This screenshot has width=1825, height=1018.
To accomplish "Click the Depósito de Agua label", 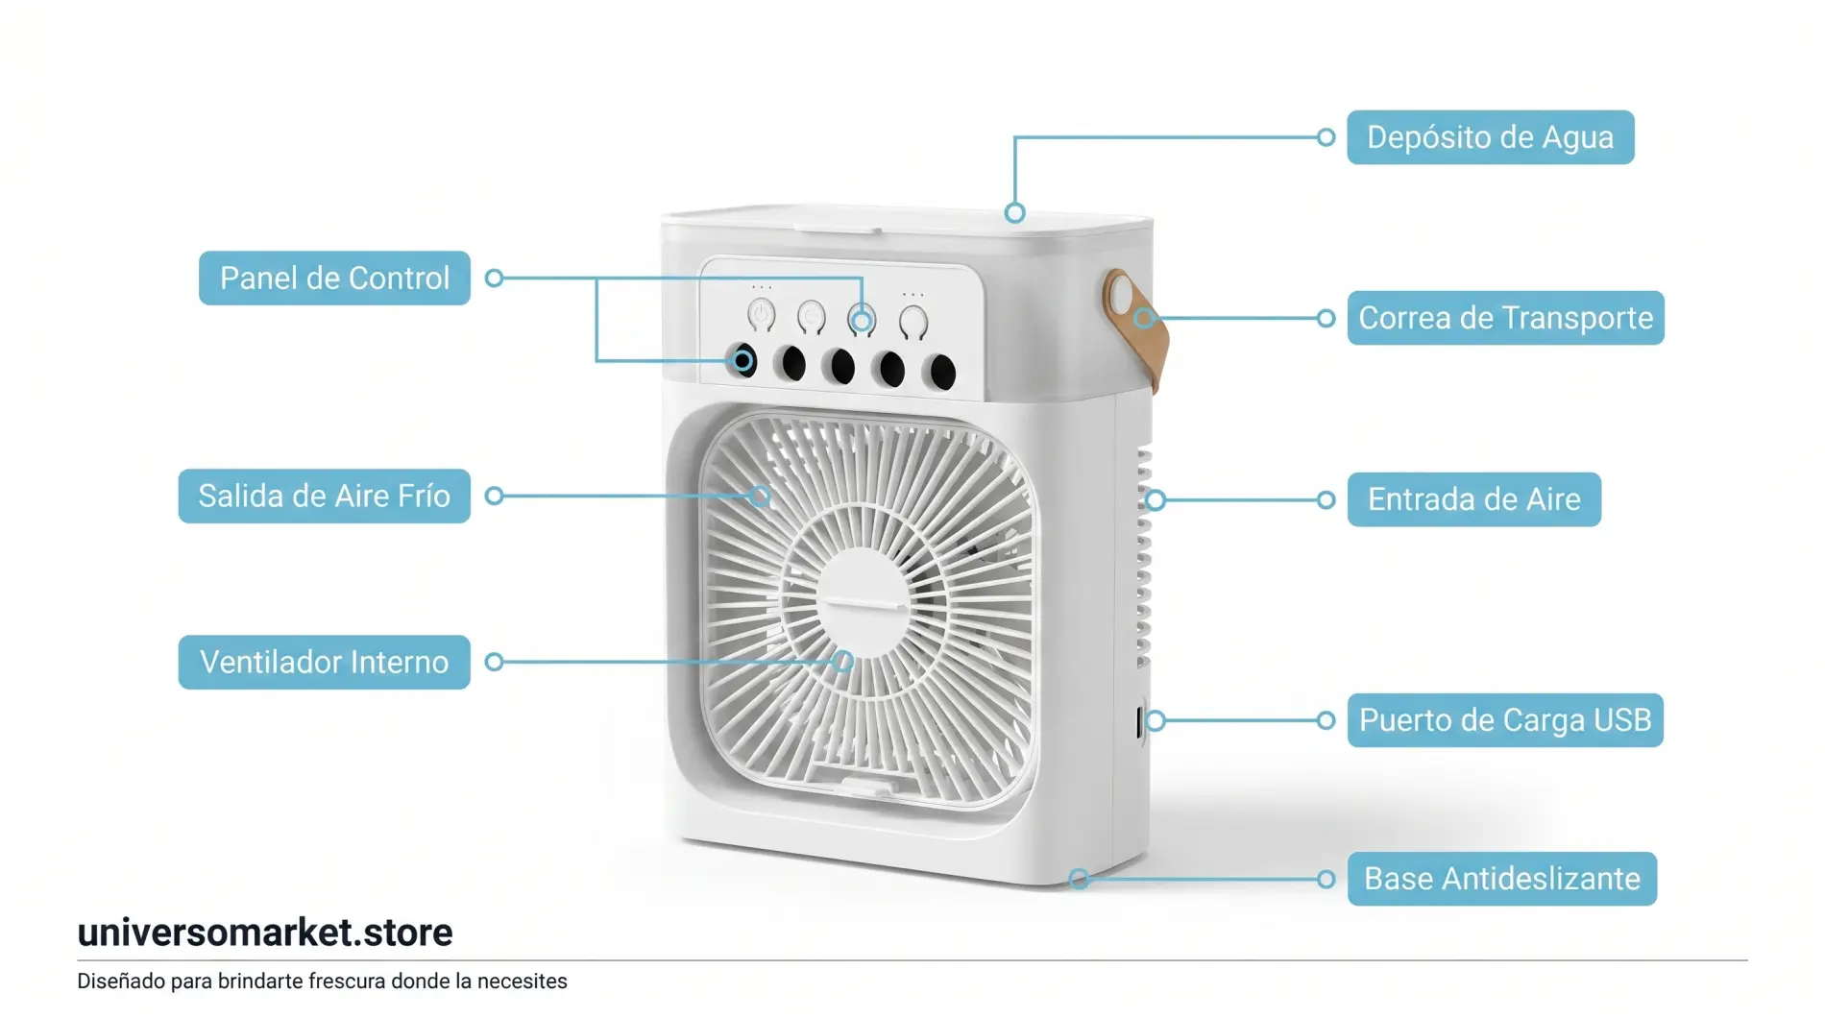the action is tap(1490, 137).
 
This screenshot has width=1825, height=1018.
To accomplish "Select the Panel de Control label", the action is tap(334, 279).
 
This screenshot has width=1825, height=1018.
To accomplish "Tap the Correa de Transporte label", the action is tap(1505, 318).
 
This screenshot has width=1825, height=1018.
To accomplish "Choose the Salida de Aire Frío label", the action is tap(324, 497).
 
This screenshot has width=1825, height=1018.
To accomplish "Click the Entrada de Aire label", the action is tap(1473, 499).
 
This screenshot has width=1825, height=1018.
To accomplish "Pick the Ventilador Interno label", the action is tap(324, 663).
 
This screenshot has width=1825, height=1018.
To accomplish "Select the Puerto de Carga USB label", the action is tap(1505, 720).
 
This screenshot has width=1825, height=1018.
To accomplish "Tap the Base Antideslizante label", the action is tap(1501, 879).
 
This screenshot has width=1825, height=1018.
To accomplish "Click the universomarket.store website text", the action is tap(265, 933).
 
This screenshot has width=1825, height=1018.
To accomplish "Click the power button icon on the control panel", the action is tap(762, 314).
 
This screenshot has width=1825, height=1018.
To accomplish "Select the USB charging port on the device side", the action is tap(1140, 721).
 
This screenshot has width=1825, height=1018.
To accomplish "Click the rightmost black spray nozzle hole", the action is tap(943, 372).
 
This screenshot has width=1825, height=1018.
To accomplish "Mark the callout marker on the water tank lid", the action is tap(1014, 213).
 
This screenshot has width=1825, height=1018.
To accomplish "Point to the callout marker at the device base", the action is tap(1079, 879).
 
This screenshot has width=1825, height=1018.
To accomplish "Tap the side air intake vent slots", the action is tap(1143, 557).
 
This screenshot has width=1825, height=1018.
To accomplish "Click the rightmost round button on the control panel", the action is tap(913, 322).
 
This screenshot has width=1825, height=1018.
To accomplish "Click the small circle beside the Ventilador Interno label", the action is tap(494, 662).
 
